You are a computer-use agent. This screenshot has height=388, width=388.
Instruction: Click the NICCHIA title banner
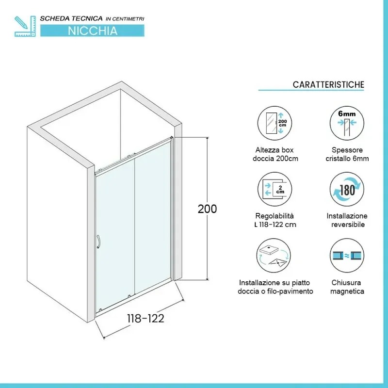(92, 30)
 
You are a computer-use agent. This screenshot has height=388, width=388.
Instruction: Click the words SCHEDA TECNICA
(71, 18)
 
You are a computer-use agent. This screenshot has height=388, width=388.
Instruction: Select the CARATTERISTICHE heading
(328, 84)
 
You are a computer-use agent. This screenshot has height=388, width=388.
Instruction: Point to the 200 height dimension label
(207, 209)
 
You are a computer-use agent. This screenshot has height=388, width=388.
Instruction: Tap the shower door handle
(98, 242)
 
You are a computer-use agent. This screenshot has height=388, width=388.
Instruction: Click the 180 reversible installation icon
(346, 189)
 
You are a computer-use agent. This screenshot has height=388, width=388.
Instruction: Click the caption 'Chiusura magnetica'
(347, 287)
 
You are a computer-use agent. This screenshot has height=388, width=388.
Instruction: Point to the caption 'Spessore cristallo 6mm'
(347, 154)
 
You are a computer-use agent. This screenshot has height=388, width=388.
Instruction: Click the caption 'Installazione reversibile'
(347, 220)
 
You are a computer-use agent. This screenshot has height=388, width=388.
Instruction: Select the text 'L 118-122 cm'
(275, 225)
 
